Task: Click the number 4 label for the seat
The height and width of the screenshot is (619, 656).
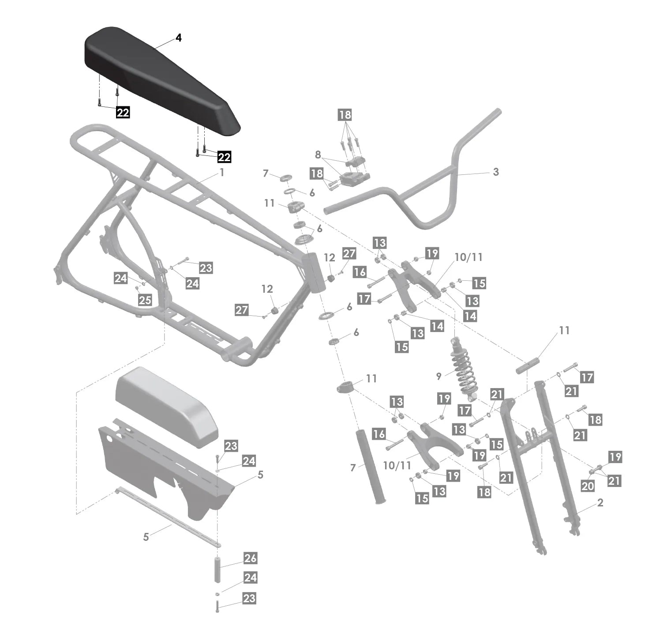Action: [178, 38]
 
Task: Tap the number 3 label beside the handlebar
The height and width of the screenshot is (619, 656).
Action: [495, 172]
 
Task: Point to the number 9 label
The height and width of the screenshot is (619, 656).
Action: [439, 376]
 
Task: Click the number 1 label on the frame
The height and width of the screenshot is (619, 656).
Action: [222, 173]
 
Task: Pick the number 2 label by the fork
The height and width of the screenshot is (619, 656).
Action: [600, 502]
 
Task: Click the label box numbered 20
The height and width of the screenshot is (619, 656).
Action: [588, 486]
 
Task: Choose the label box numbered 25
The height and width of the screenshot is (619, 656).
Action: [145, 300]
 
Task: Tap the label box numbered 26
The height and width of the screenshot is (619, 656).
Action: [250, 558]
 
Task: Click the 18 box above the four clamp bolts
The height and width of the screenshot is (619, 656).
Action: [345, 115]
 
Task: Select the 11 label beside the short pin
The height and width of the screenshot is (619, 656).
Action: [564, 330]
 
